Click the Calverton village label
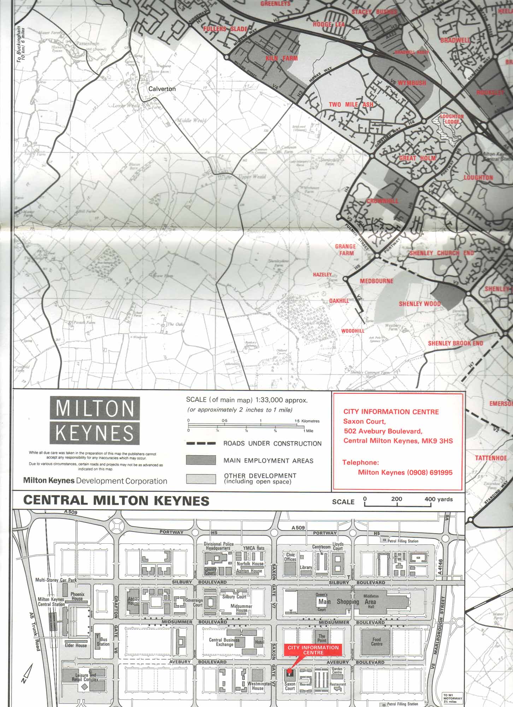click(162, 89)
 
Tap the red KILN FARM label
click(282, 58)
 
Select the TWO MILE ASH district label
click(351, 105)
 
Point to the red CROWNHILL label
click(382, 201)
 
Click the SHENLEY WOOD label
click(420, 304)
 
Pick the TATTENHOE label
click(491, 458)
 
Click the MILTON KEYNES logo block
click(95, 420)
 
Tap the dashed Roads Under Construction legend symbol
click(201, 443)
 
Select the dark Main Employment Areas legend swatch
click(201, 460)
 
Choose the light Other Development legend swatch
click(201, 479)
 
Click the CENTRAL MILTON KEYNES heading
click(116, 501)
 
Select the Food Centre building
click(377, 642)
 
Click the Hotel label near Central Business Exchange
click(259, 642)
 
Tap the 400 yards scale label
click(438, 499)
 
